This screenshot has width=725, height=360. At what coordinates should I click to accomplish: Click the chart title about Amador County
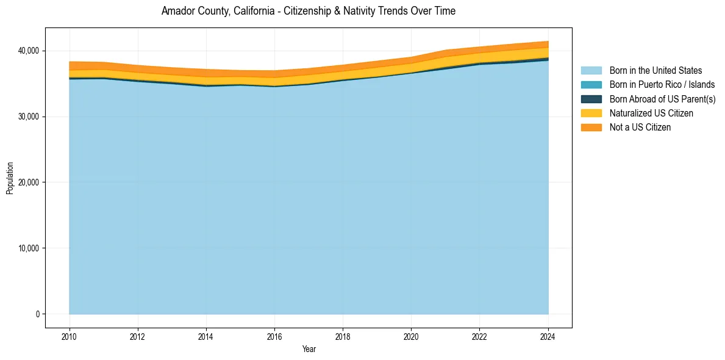[308, 11]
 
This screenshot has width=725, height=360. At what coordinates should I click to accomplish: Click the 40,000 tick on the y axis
[29, 51]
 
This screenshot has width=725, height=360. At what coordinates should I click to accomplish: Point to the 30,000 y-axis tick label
[29, 117]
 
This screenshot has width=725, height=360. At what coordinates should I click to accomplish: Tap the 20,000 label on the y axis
[29, 182]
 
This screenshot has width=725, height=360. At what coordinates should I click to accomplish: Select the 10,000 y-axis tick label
[29, 248]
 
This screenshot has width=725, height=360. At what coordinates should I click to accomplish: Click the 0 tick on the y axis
[37, 314]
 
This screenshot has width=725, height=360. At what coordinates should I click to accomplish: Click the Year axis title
[309, 349]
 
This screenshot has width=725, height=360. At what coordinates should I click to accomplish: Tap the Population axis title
[10, 178]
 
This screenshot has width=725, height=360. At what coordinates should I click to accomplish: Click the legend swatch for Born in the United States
[591, 71]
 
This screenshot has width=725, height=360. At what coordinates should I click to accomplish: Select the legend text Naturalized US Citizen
[651, 113]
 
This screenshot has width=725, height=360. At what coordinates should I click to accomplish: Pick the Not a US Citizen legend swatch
[591, 128]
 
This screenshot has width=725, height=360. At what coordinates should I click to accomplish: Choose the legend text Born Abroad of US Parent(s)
[662, 99]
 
